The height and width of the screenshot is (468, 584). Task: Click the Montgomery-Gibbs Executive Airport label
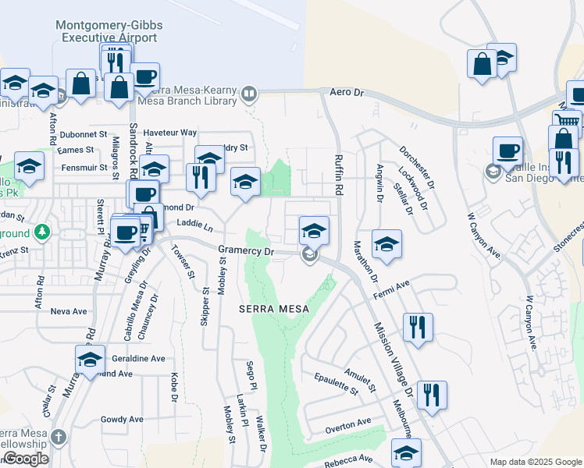click(110, 31)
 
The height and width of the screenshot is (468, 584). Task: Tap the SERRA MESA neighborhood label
click(274, 309)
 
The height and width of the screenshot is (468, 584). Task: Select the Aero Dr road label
click(347, 92)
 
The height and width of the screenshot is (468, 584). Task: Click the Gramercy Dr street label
click(247, 251)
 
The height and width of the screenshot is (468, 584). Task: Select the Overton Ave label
click(348, 423)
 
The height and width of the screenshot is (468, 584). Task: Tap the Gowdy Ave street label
click(123, 420)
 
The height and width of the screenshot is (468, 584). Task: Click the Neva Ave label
click(68, 310)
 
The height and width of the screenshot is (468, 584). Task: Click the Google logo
click(25, 459)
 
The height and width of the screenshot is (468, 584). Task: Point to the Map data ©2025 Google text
click(535, 462)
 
